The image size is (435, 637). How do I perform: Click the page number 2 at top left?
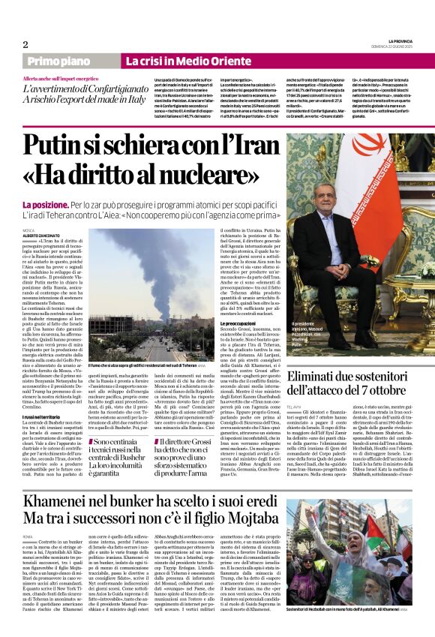(x=25, y=44)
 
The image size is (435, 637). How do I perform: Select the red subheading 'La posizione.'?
(x=46, y=204)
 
